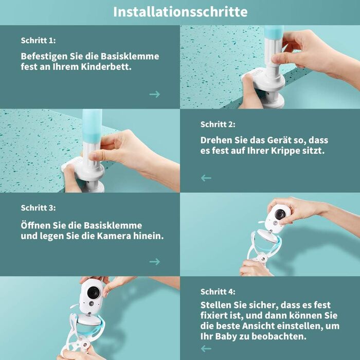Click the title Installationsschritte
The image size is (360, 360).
pos(180,12)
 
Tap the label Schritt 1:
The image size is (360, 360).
pos(38,41)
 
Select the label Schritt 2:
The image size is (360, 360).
pos(218,124)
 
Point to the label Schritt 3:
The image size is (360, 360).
pos(38,208)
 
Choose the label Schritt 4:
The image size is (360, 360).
pos(218,292)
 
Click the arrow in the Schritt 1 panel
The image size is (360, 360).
pos(154,94)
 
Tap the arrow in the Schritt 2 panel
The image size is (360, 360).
pos(206,178)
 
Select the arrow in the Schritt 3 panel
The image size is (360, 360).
pos(154,261)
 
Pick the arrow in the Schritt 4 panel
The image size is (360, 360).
pos(206,349)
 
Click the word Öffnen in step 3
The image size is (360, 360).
pos(35,225)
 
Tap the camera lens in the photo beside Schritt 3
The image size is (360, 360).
pos(280,214)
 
